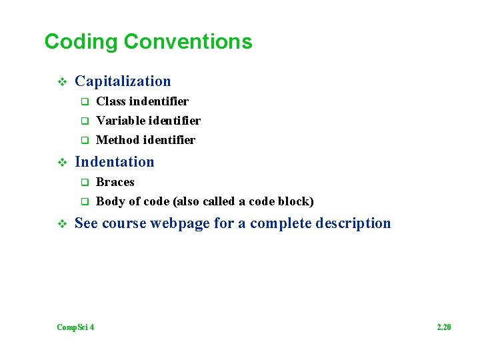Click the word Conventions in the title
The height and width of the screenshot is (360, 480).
[188, 42]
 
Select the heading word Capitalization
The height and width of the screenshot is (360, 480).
[123, 81]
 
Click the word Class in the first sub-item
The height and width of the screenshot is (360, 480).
[111, 101]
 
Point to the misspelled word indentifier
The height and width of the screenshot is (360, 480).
[159, 101]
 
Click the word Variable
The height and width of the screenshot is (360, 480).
[118, 121]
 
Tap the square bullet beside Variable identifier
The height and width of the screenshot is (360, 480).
[85, 121]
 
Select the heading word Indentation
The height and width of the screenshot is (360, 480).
[114, 162]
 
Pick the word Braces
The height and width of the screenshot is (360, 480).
[115, 182]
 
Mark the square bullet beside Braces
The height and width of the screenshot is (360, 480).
[85, 183]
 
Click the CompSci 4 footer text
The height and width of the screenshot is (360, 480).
[75, 327]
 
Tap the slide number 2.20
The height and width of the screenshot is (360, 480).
[444, 327]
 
